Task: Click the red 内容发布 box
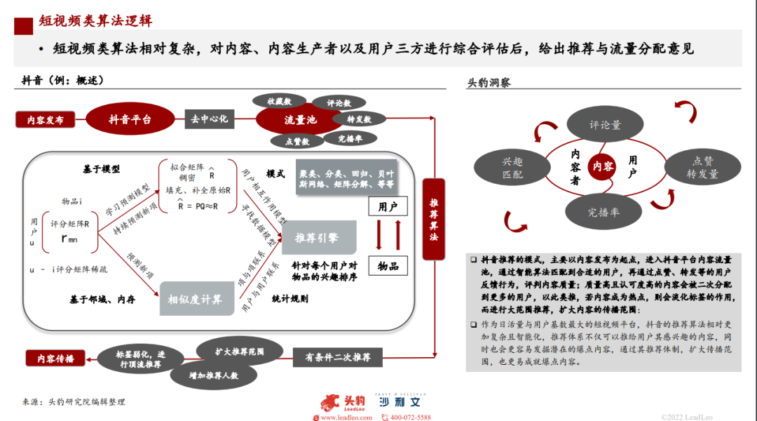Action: click(x=46, y=120)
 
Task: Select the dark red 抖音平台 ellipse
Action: click(x=130, y=119)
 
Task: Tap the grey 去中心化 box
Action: click(x=209, y=119)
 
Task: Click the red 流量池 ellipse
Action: click(x=299, y=120)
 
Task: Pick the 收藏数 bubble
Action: click(x=278, y=101)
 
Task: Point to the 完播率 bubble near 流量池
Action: click(x=349, y=138)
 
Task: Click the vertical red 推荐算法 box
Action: click(x=433, y=220)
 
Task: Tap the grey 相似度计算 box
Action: click(x=195, y=299)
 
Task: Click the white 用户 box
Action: click(x=388, y=207)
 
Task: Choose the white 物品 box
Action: click(x=388, y=266)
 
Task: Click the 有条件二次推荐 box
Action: click(x=338, y=357)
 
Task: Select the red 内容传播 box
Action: click(x=50, y=358)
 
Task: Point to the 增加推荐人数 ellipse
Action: click(x=214, y=375)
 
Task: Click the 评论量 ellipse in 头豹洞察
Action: click(x=605, y=125)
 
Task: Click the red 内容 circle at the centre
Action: click(x=603, y=166)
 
